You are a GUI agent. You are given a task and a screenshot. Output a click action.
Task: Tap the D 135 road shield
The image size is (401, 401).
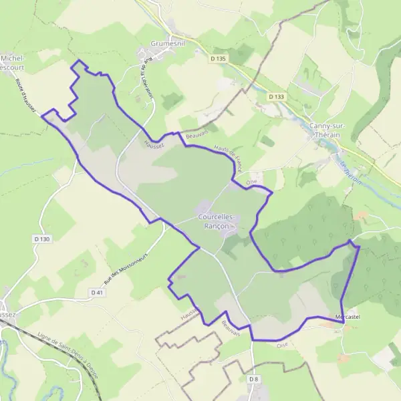coord(219,59)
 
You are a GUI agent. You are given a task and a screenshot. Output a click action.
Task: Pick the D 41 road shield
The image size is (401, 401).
coord(98,292)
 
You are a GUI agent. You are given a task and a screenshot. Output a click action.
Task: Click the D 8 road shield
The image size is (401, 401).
coord(253,380)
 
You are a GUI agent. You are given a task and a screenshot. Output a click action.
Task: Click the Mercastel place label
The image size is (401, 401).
coord(348,316)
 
